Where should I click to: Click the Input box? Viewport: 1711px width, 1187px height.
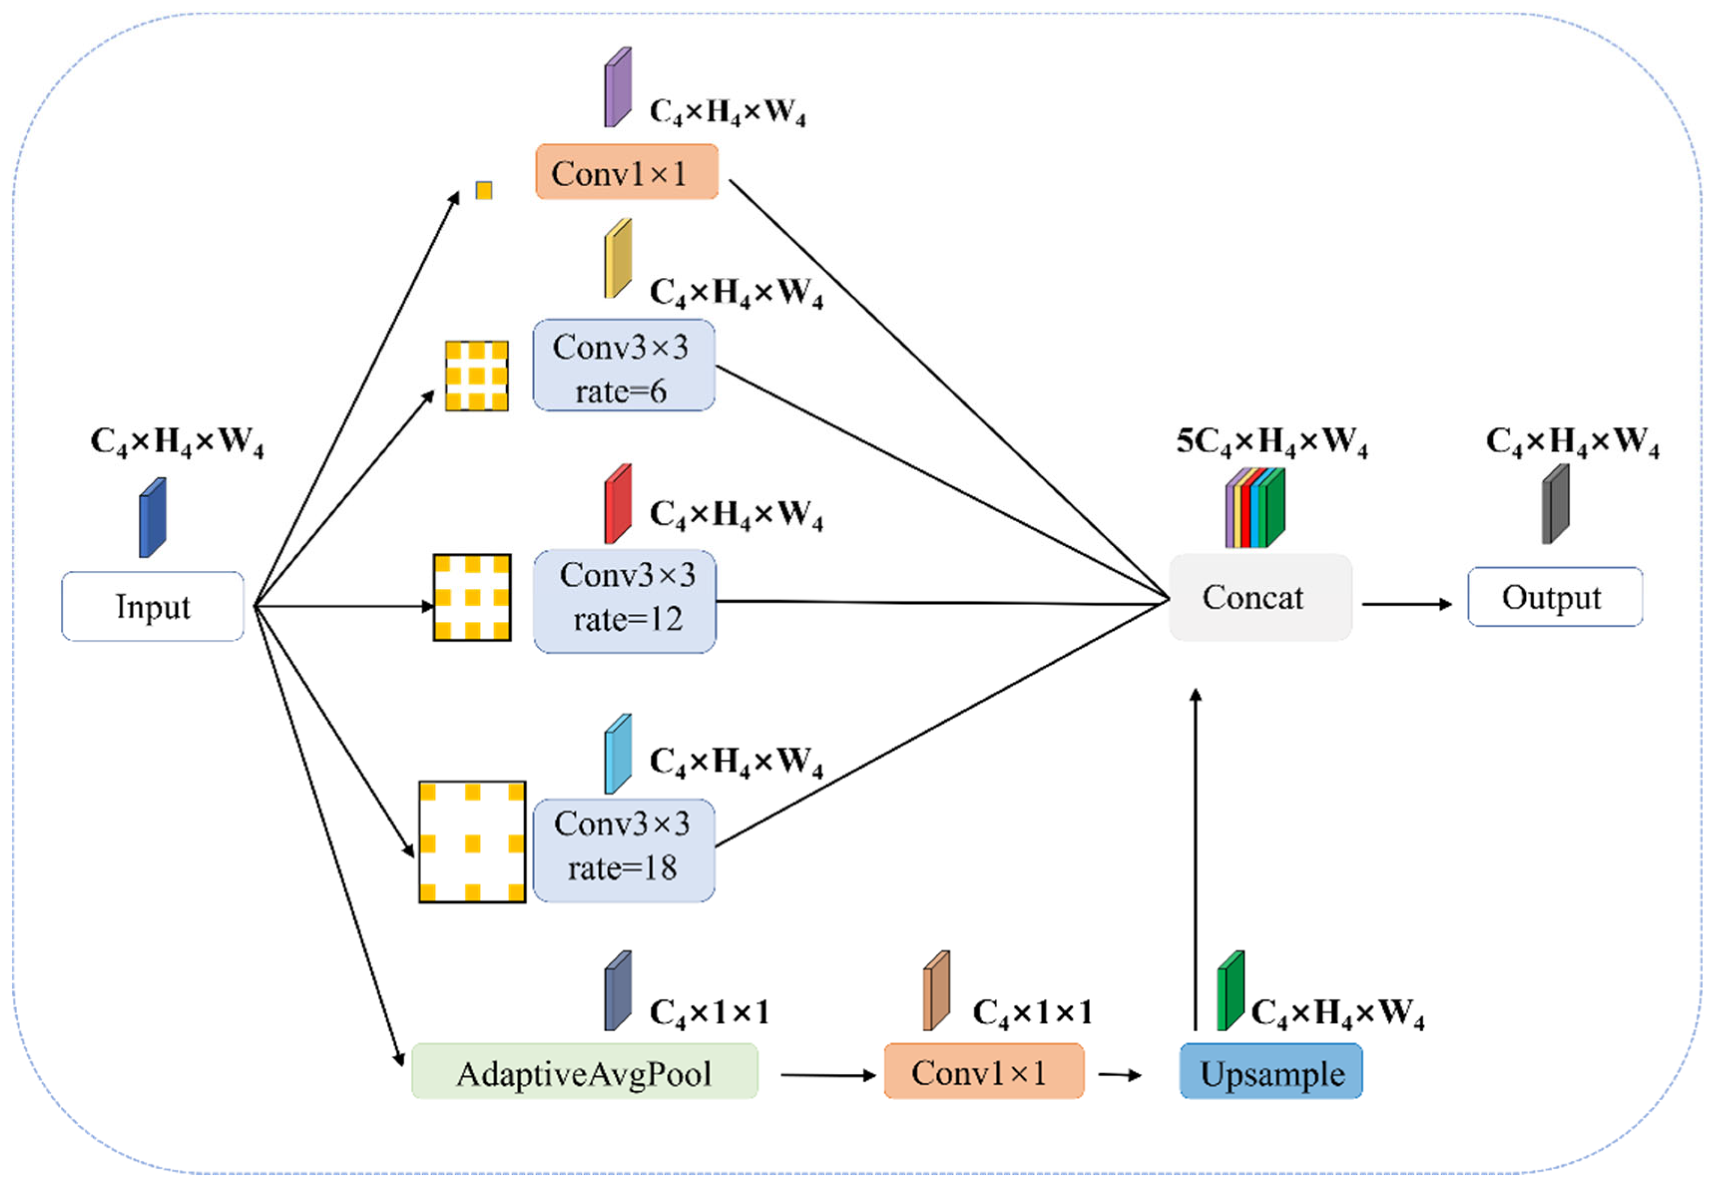153,605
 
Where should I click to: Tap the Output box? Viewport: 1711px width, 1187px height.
1555,596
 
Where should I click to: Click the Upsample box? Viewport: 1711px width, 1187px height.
1271,1070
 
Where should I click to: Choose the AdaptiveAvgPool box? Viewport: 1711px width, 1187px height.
584,1070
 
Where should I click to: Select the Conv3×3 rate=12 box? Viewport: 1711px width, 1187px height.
624,601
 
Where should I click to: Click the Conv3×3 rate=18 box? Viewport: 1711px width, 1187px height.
623,850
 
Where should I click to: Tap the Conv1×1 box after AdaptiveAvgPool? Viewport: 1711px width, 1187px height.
983,1070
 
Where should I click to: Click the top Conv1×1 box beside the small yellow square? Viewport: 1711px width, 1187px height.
626,171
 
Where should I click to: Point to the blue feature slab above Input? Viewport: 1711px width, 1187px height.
153,517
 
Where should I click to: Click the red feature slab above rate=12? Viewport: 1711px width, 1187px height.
617,504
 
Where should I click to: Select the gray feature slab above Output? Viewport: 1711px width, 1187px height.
1555,504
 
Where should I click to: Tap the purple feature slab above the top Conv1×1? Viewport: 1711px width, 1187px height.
617,87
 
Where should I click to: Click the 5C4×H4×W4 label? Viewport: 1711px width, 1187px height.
1271,442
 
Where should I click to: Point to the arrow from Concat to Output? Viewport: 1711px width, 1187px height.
1407,604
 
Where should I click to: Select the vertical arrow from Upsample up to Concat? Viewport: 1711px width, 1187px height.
1195,859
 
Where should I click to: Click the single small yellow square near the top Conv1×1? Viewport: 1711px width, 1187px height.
484,190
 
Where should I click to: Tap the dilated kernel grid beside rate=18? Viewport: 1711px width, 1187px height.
473,842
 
